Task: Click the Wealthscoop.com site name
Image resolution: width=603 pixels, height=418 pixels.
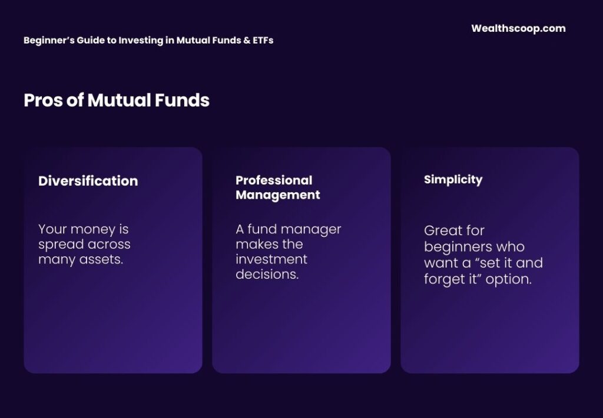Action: [x=518, y=28]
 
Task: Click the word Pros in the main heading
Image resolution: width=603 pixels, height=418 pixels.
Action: [x=40, y=101]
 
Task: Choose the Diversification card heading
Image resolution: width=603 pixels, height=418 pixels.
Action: [x=88, y=181]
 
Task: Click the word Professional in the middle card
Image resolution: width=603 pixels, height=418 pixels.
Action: [x=274, y=180]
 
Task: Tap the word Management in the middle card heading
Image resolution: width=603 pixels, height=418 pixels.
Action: [x=277, y=195]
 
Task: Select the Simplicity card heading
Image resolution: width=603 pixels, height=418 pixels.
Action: [x=453, y=179]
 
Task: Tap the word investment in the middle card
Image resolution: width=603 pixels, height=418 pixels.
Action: [x=271, y=259]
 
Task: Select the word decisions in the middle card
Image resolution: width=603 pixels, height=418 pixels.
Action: [x=267, y=273]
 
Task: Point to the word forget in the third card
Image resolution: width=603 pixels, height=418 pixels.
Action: [x=443, y=279]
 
